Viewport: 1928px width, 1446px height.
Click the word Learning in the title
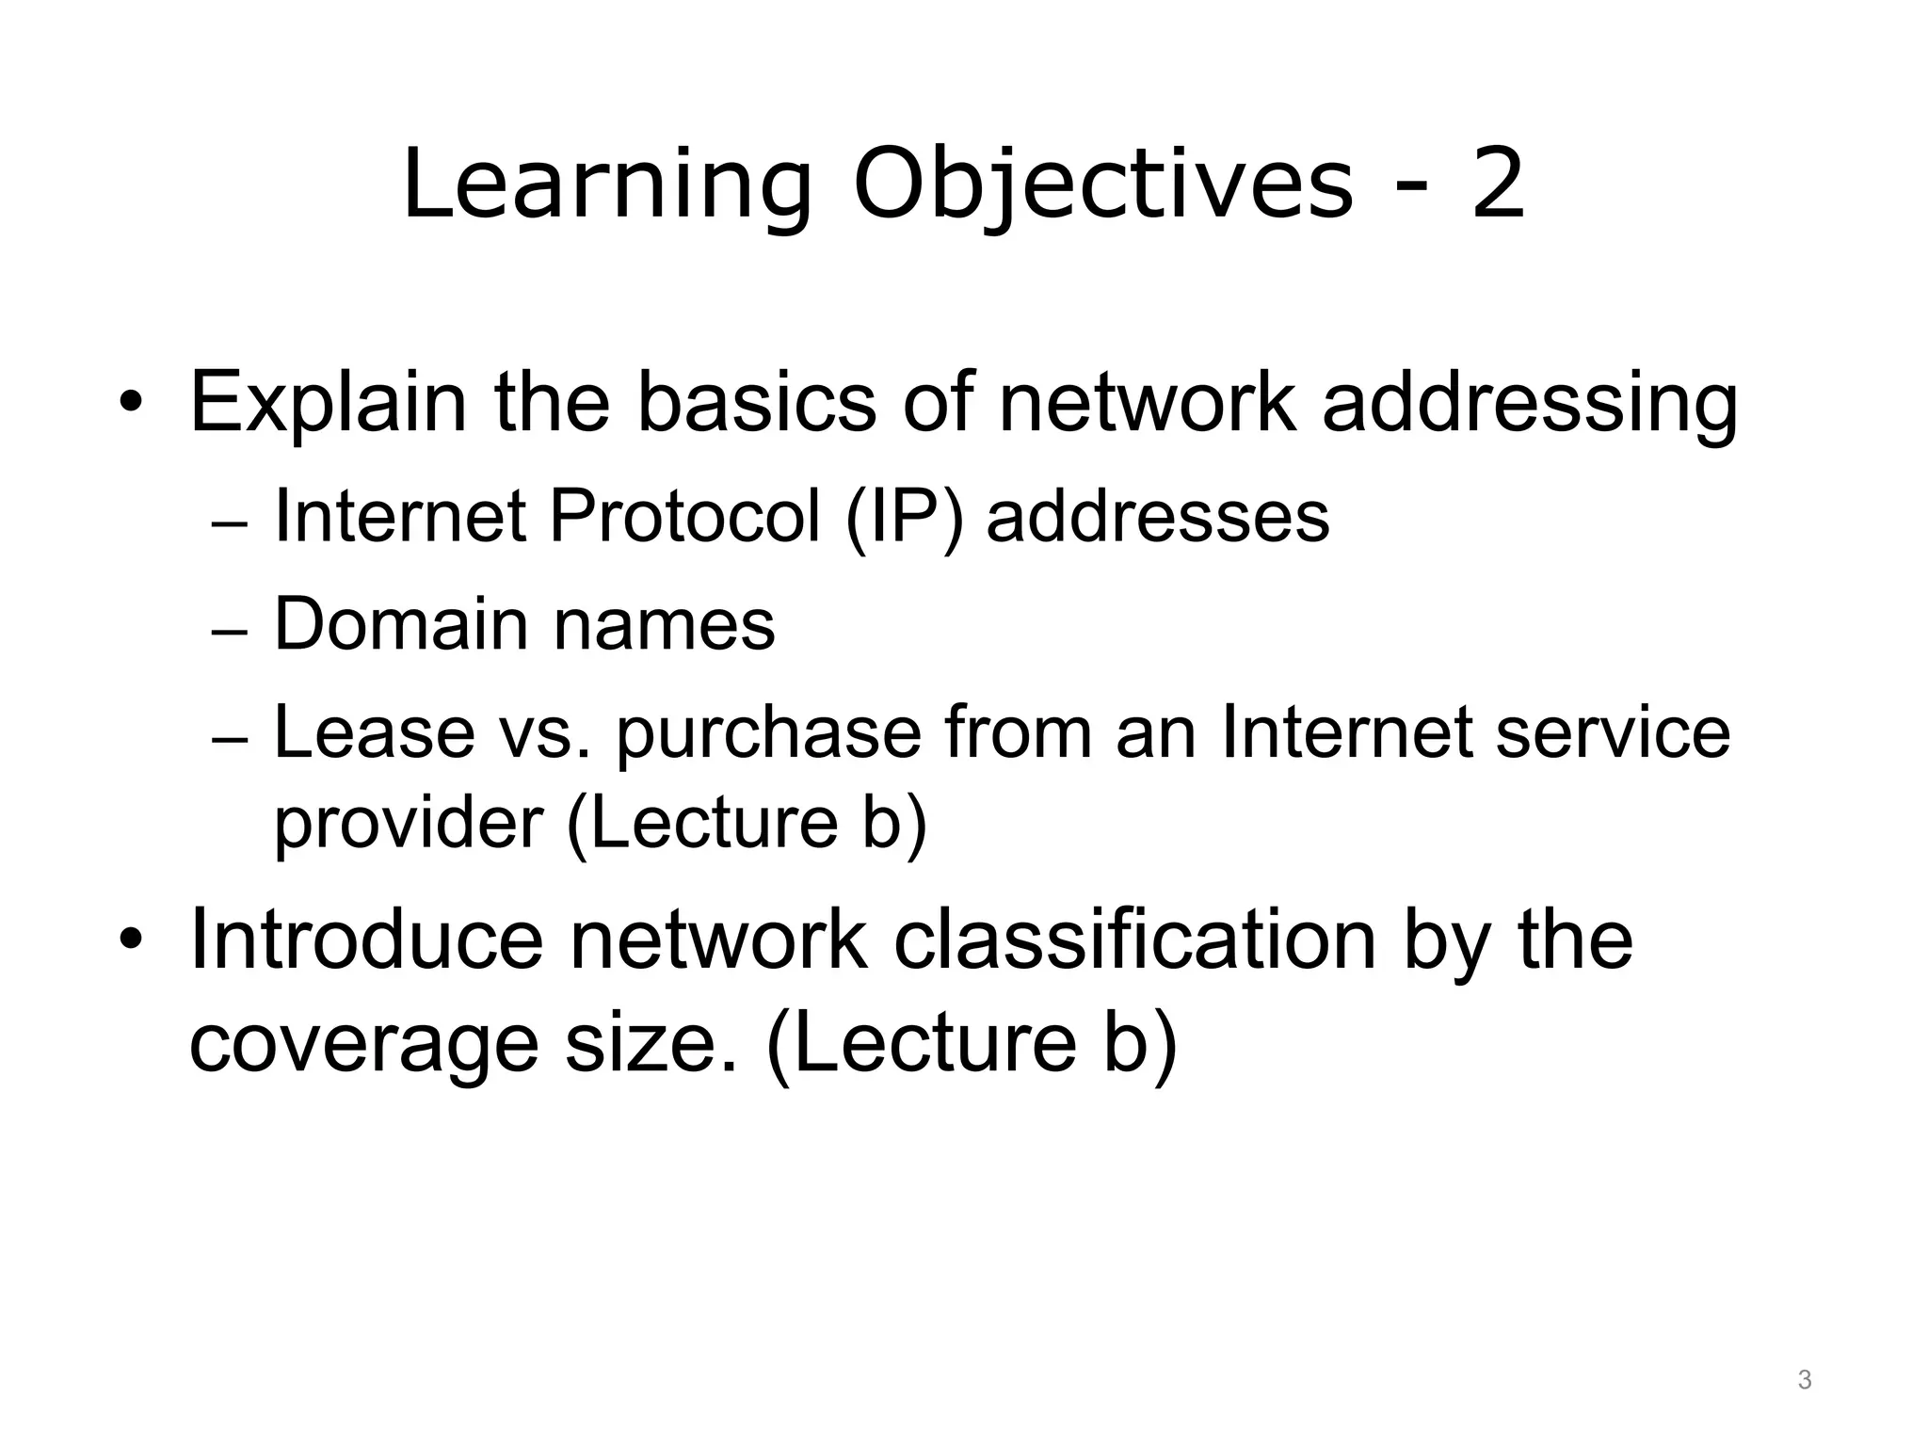pyautogui.click(x=606, y=185)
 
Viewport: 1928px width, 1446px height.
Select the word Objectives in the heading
pyautogui.click(x=1102, y=185)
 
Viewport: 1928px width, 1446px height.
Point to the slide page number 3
pyautogui.click(x=1805, y=1380)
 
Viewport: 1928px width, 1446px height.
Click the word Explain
pyautogui.click(x=328, y=403)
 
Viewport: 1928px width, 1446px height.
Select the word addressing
pyautogui.click(x=1530, y=403)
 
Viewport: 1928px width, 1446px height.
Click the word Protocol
pyautogui.click(x=684, y=517)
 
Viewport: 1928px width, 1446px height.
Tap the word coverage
pyautogui.click(x=363, y=1043)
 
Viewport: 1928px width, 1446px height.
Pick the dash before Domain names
pyautogui.click(x=229, y=634)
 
